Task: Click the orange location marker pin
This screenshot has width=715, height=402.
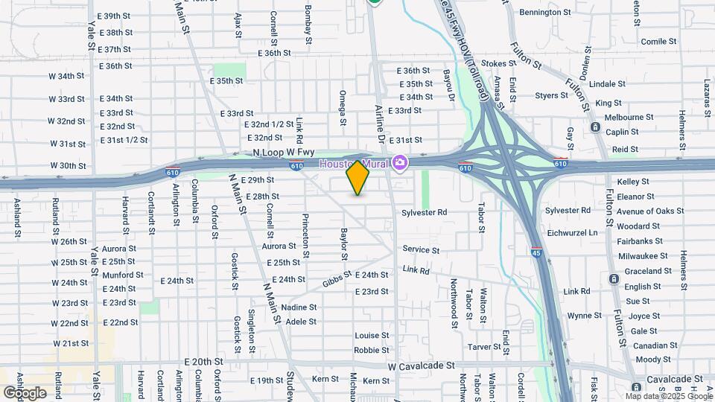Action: pos(357,178)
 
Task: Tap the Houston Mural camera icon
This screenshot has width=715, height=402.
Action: pos(401,162)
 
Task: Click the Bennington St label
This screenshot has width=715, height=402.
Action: pos(545,13)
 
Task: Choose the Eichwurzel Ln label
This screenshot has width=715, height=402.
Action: pos(571,233)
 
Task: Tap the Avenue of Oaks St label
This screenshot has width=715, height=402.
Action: pos(649,211)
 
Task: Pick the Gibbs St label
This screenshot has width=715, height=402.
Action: pos(337,281)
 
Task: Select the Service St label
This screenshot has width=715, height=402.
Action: pos(421,249)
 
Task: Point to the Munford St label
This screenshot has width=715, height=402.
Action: pos(123,275)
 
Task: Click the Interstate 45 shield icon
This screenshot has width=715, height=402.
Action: pos(536,253)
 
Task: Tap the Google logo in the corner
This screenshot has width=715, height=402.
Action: pos(25,392)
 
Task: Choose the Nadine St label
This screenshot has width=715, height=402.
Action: pos(299,307)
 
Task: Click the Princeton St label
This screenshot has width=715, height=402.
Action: pos(305,231)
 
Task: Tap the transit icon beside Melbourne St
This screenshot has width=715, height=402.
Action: pos(596,127)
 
